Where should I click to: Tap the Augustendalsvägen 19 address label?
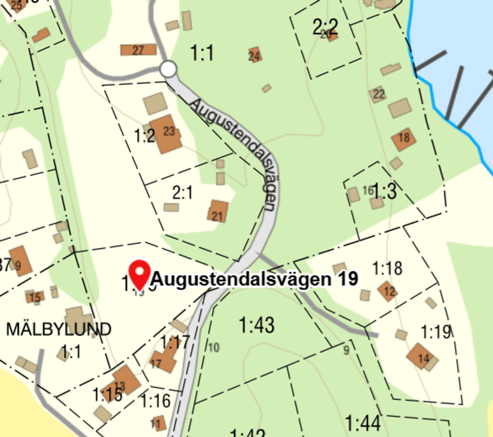click(x=255, y=279)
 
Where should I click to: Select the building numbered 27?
click(x=138, y=50)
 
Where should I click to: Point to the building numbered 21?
click(x=218, y=212)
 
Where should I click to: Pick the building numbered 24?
click(x=255, y=55)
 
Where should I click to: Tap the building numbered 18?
click(x=404, y=139)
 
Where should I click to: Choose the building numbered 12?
click(x=388, y=291)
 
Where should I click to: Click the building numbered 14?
click(x=421, y=356)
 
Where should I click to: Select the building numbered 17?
click(x=161, y=360)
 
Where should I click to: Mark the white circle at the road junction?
click(x=169, y=69)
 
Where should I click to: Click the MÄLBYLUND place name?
click(x=59, y=329)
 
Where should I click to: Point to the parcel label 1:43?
click(x=256, y=326)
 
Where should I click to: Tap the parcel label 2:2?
click(x=325, y=27)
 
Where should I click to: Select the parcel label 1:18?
click(x=387, y=268)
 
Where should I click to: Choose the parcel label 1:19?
click(x=435, y=332)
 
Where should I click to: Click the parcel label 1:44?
click(x=363, y=424)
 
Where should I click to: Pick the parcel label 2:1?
click(x=182, y=192)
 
